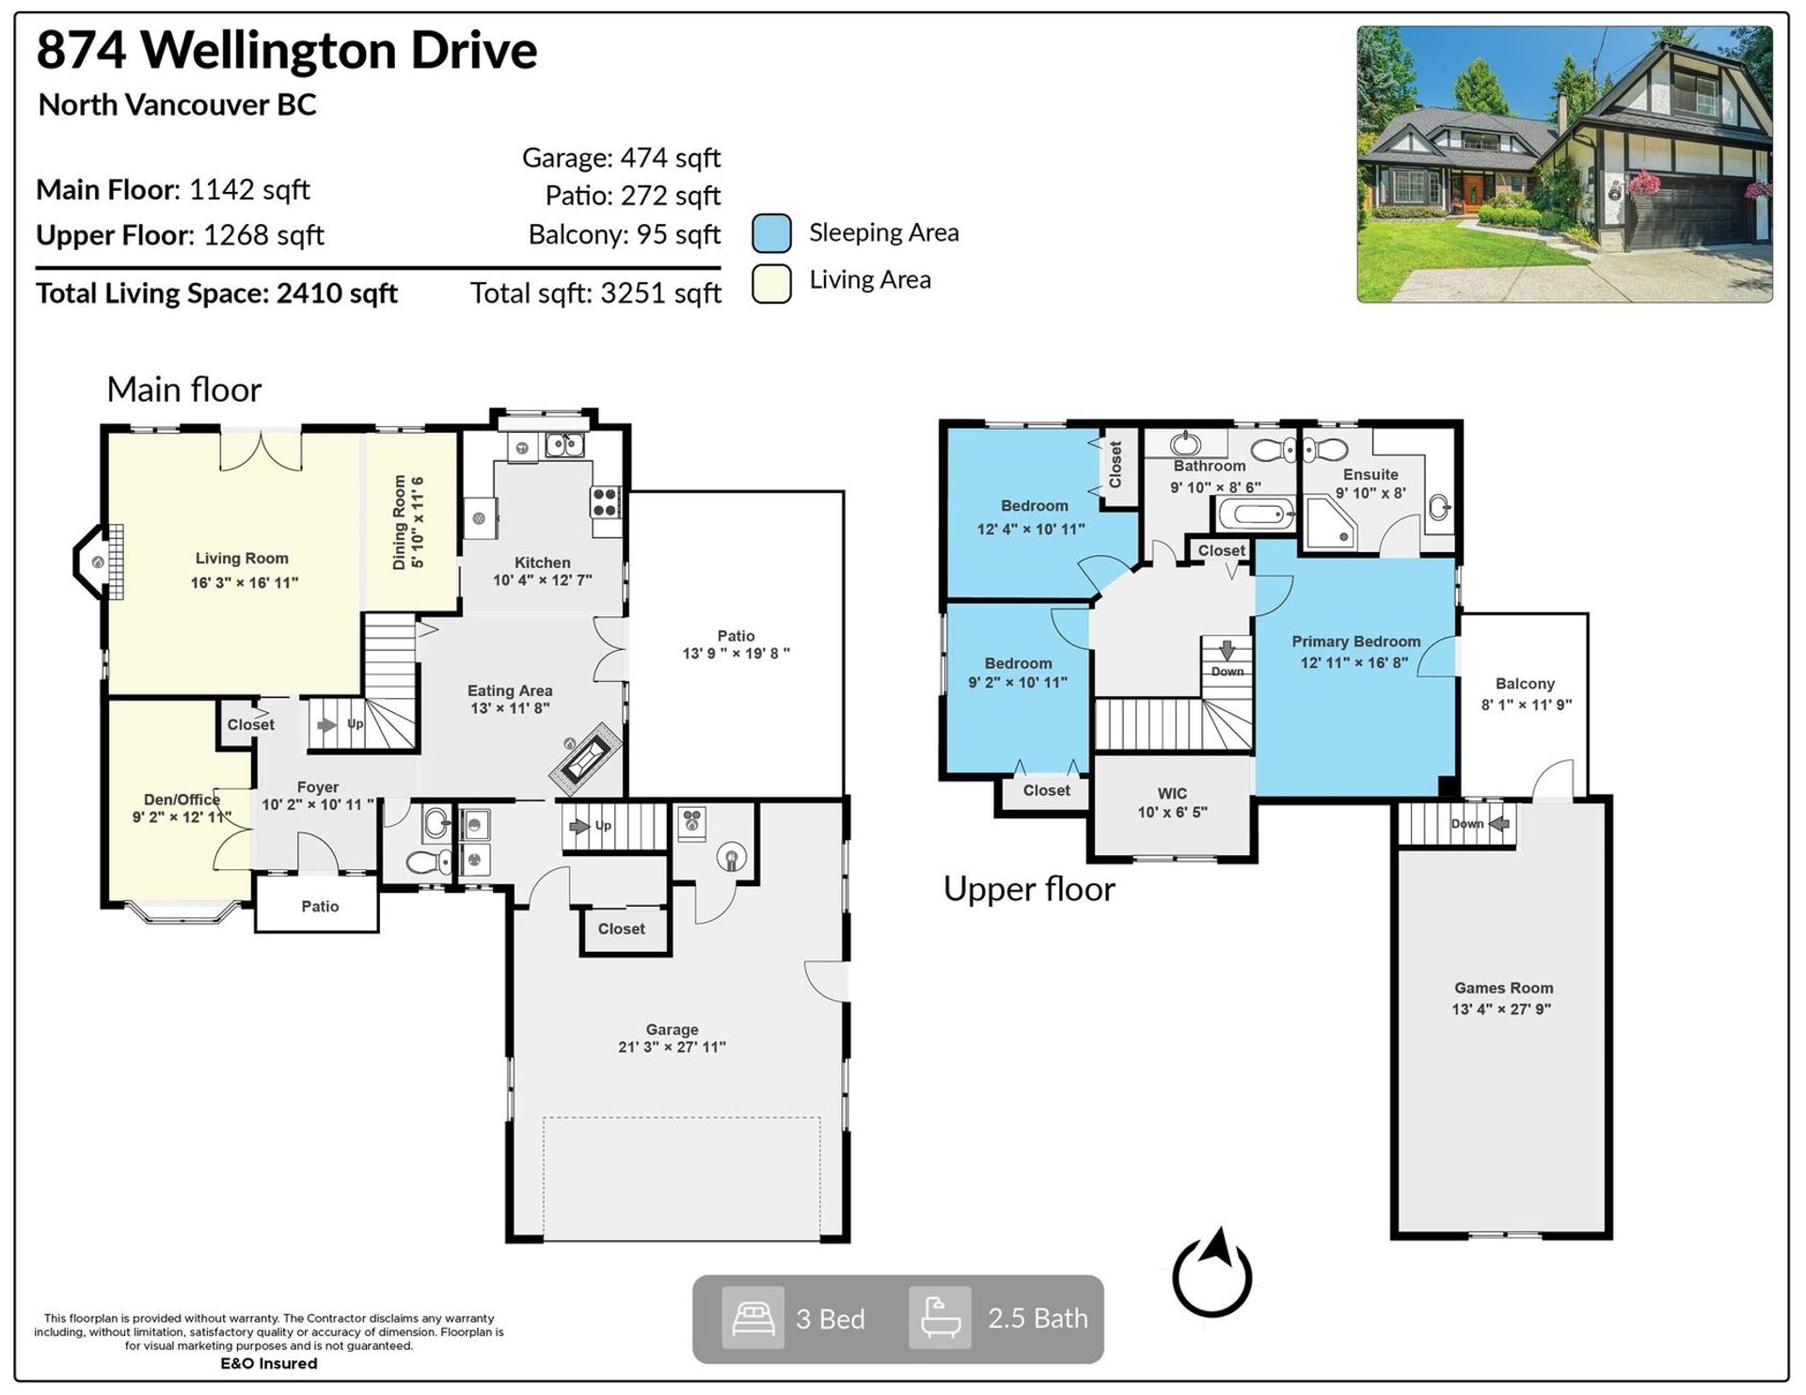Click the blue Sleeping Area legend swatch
771,233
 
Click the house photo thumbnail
1564,164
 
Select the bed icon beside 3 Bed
752,1318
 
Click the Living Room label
242,559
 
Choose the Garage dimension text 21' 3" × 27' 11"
672,1047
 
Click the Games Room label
1503,988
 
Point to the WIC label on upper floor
1172,793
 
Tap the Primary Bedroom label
1355,642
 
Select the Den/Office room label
182,800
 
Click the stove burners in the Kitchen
605,501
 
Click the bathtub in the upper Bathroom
1258,515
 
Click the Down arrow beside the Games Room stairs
1499,824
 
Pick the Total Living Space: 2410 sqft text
216,293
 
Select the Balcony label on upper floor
1525,684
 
